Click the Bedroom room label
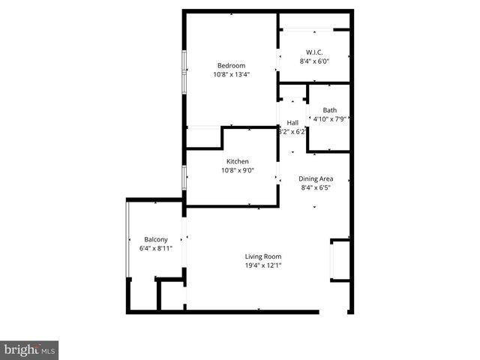coord(232,65)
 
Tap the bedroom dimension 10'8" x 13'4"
coord(232,74)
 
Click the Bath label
coord(330,110)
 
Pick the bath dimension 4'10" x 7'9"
coord(330,119)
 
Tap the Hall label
coord(292,122)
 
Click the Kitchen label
coord(238,161)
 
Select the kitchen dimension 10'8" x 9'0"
coord(238,170)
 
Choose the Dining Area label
coord(316,178)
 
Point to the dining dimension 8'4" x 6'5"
coord(316,187)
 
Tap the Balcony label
coord(156,239)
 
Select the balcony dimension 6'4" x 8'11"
coord(156,248)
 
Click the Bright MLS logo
coord(29,349)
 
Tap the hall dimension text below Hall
coord(292,131)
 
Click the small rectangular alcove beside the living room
coord(340,259)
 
